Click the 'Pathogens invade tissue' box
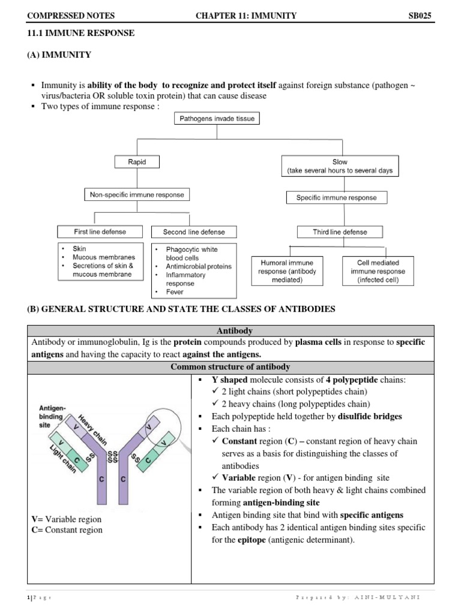point(217,119)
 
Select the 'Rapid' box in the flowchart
point(137,162)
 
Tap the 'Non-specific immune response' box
point(136,195)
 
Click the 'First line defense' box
point(100,231)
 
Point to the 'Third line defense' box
point(340,231)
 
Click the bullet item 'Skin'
point(79,248)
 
